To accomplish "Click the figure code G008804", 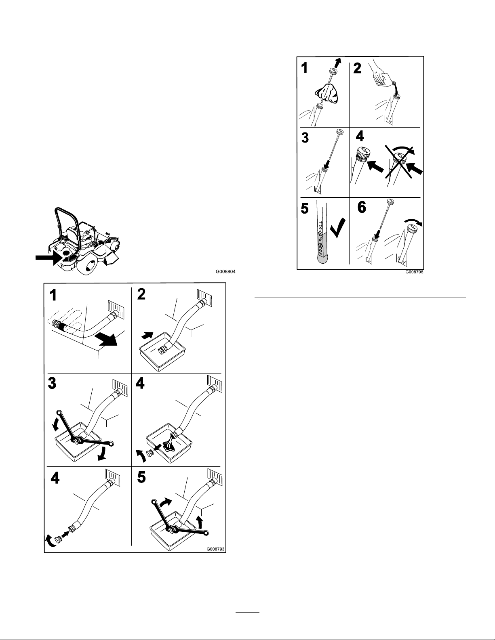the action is [x=225, y=271].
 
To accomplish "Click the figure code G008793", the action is [x=215, y=549].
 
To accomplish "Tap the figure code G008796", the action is [x=414, y=272].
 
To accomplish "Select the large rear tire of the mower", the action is [x=90, y=264].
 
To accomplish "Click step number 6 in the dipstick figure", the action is [x=362, y=207].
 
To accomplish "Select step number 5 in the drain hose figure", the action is [x=142, y=477].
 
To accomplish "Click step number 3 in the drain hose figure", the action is [x=52, y=384].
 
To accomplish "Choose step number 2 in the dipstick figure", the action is [x=357, y=68].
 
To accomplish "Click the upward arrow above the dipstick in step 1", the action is [x=338, y=63].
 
